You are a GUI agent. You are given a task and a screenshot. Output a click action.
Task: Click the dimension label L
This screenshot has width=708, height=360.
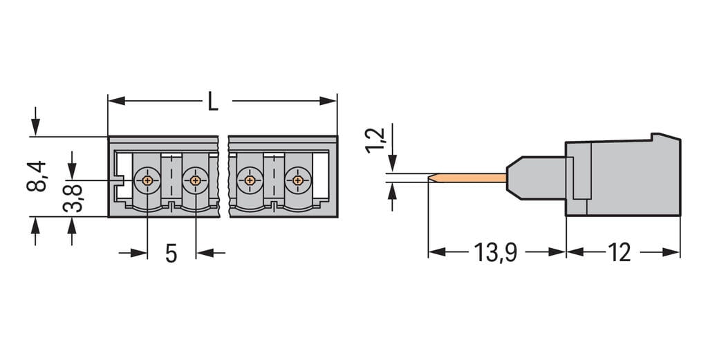tap(213, 102)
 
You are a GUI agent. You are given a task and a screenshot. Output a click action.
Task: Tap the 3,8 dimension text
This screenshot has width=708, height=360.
tap(75, 197)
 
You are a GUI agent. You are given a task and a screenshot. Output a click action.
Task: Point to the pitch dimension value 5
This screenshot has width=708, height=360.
tap(171, 254)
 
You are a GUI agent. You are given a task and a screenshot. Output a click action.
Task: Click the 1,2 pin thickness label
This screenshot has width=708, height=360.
tap(375, 140)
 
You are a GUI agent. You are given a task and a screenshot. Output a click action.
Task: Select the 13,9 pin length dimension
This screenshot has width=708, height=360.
tap(496, 253)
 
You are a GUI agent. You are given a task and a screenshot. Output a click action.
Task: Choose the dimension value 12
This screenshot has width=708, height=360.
tap(619, 253)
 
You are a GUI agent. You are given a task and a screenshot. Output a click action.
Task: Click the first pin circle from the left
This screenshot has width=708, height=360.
tap(147, 180)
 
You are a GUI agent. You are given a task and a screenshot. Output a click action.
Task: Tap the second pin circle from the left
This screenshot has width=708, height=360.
tap(195, 180)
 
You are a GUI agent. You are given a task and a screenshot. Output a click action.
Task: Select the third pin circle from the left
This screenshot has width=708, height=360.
tap(249, 180)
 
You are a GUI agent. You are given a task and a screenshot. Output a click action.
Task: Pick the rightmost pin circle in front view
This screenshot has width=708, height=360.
tap(297, 180)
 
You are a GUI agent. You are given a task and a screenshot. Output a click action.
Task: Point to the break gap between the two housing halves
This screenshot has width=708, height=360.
tap(223, 176)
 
